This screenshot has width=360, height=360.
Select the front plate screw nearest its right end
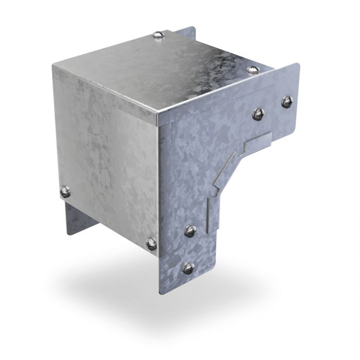[x=286, y=101]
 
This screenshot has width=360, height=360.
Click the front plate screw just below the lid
[x=258, y=113]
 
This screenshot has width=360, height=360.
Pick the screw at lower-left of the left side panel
[x=65, y=191]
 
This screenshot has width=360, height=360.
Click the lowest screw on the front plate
[x=189, y=267]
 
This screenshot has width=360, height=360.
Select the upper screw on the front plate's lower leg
[x=190, y=231]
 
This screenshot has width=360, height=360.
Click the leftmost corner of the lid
[x=53, y=65]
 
